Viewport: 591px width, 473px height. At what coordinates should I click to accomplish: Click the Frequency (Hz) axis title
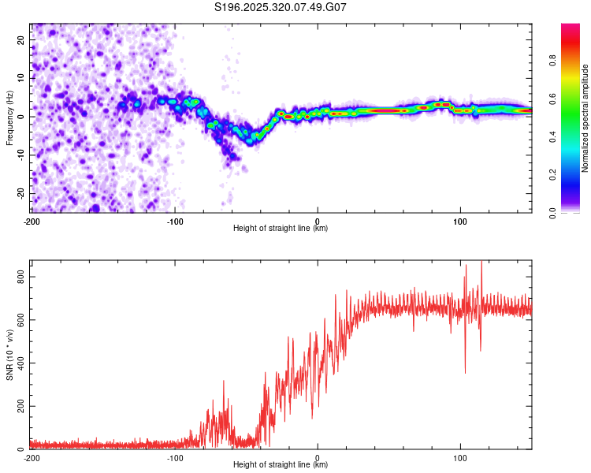click(x=9, y=118)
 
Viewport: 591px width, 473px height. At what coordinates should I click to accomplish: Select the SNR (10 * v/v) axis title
click(x=9, y=359)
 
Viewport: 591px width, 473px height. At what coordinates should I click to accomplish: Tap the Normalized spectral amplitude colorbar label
click(x=585, y=118)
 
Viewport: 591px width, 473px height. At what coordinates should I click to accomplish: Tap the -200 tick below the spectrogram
click(x=32, y=222)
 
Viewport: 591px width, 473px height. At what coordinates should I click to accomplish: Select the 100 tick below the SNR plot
click(x=460, y=458)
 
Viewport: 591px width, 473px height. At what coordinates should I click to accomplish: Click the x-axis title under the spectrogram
click(x=281, y=229)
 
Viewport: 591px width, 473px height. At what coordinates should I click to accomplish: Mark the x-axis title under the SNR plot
click(x=281, y=465)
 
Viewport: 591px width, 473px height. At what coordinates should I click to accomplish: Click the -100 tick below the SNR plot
click(x=174, y=458)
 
